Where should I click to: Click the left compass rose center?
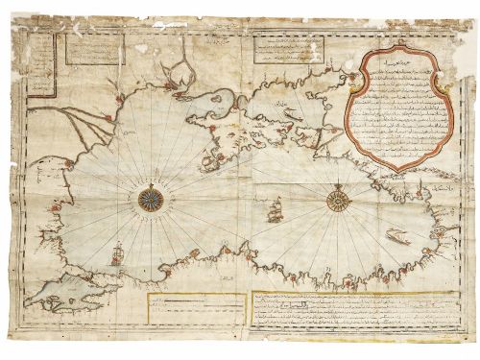pyautogui.click(x=150, y=199)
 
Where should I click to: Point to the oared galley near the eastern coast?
pyautogui.click(x=396, y=235)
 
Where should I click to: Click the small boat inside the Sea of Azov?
pyautogui.click(x=291, y=114)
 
